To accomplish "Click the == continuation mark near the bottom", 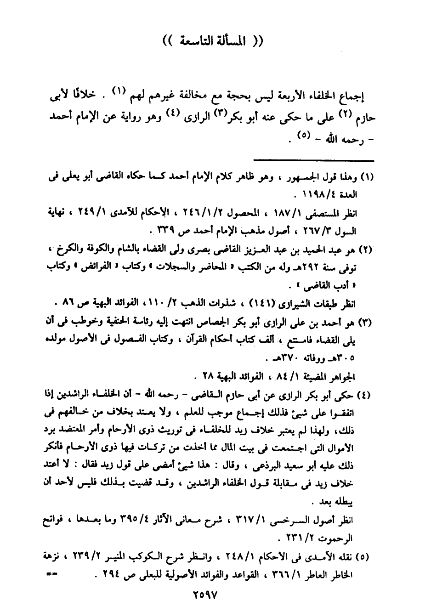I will [52, 575].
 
